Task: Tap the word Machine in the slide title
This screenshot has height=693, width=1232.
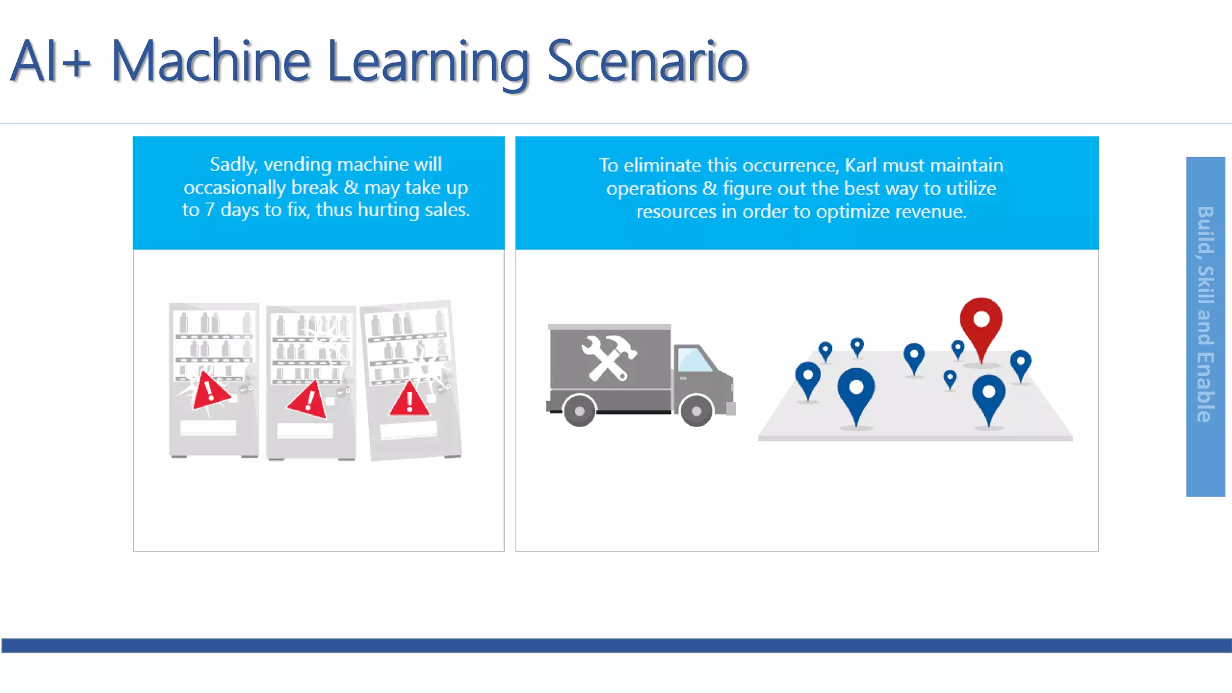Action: [x=211, y=61]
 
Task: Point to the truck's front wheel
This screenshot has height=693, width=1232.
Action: [x=696, y=411]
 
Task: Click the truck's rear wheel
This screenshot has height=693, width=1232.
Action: [x=579, y=411]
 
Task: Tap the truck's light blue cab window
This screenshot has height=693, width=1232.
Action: [x=694, y=360]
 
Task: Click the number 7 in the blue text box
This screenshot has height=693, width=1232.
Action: [x=209, y=210]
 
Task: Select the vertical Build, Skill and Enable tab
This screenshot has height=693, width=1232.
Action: [x=1205, y=327]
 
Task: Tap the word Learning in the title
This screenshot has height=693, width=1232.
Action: [x=428, y=63]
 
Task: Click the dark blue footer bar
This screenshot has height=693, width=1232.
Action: [x=616, y=645]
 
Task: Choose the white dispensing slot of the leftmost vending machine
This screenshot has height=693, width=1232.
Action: [x=208, y=428]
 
